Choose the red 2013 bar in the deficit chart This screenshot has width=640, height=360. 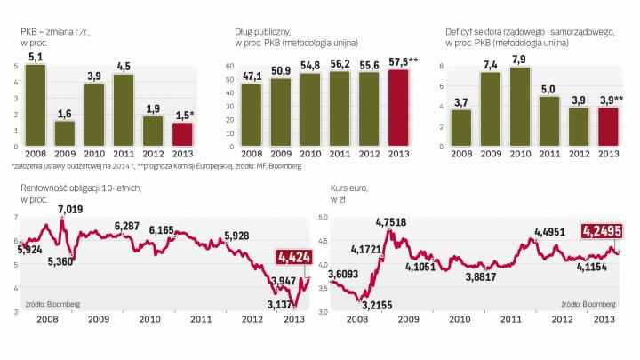pyautogui.click(x=607, y=125)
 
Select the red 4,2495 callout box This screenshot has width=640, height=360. pyautogui.click(x=603, y=231)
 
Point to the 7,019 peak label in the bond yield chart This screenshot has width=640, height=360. pyautogui.click(x=72, y=210)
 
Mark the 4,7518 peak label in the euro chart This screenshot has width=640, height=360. pyautogui.click(x=393, y=221)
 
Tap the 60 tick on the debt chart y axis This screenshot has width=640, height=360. pyautogui.click(x=229, y=67)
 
